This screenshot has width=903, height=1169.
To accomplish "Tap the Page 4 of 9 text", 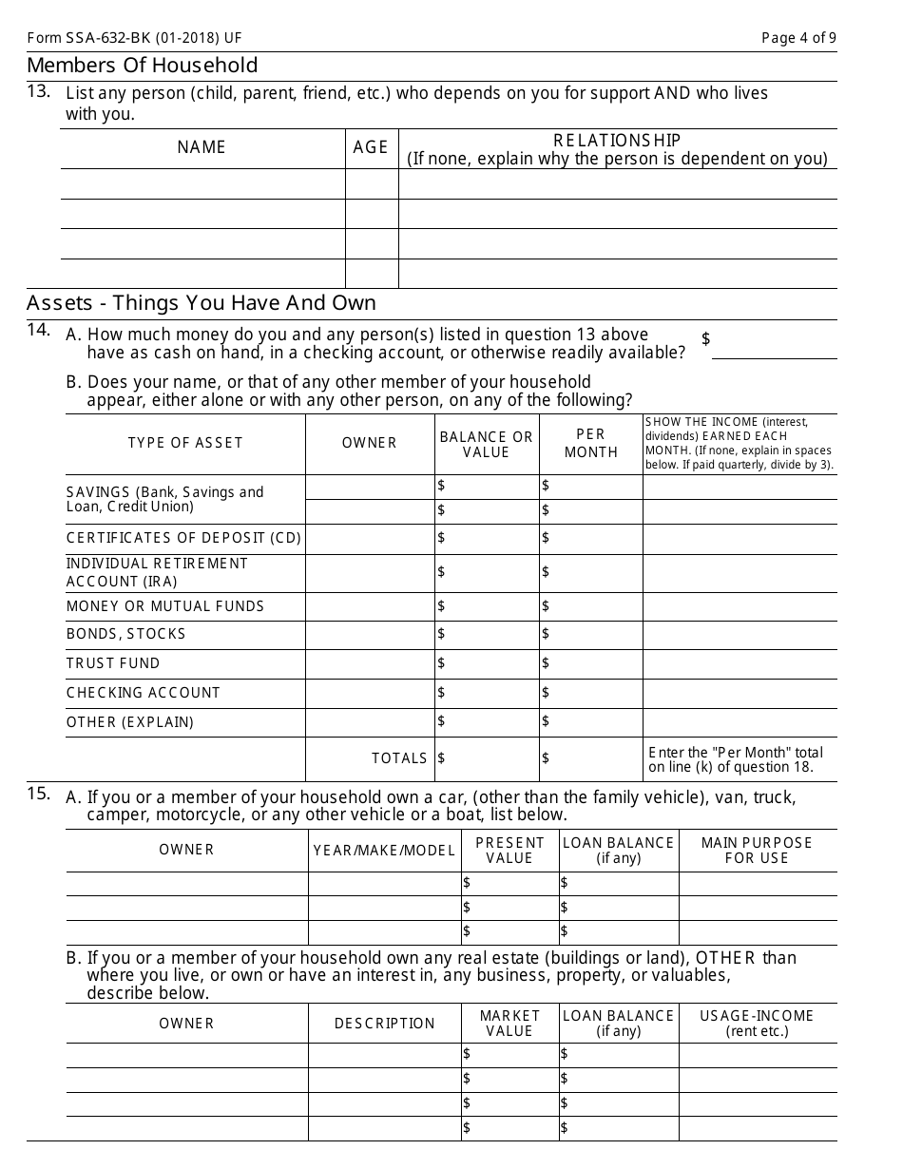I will coord(798,38).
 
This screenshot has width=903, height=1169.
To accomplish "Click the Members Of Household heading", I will coord(143,66).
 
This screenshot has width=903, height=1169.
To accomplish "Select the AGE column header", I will coord(371,147).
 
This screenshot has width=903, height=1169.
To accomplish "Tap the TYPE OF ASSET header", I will coord(185,443).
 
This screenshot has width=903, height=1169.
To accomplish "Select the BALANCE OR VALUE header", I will coord(487,444).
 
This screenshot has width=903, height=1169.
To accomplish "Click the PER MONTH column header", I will coord(590,444).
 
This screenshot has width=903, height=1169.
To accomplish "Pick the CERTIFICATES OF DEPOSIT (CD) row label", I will coord(183,539).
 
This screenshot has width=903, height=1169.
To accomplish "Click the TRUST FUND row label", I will coord(113,663).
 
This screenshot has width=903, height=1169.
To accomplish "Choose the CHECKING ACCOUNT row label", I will coord(144,693).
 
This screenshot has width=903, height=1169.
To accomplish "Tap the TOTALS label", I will coord(399,758).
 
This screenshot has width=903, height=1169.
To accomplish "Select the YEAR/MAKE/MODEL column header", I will coord(384,851).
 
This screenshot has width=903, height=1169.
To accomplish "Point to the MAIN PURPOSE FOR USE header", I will coord(757,851).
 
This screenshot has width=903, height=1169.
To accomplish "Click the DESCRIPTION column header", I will coord(384,1024).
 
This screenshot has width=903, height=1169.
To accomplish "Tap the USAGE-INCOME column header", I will coord(757,1024).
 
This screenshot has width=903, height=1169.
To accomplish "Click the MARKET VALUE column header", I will coord(509,1024).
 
